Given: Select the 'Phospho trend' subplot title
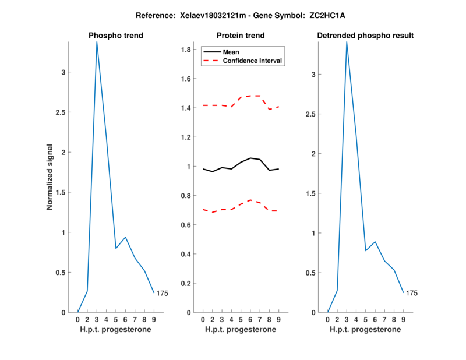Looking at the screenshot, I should [x=116, y=36].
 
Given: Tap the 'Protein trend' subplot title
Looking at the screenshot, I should [x=241, y=36].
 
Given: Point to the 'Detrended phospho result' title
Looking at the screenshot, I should [x=365, y=36].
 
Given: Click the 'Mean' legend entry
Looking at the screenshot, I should [x=231, y=52].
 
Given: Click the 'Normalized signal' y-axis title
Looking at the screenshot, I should [x=50, y=177].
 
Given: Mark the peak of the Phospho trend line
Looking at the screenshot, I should [x=97, y=42].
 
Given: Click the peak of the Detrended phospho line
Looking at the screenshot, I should [x=347, y=42].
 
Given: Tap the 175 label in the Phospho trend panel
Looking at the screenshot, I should [x=163, y=294].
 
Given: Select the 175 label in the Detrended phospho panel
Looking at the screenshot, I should [x=412, y=293].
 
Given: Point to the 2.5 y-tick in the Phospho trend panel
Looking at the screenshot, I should [x=66, y=112].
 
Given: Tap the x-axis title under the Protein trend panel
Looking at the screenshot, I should [x=241, y=330].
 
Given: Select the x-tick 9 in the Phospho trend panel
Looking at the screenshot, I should [x=154, y=319].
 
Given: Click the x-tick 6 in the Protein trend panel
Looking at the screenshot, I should [x=250, y=319].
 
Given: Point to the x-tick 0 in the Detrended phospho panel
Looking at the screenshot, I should [x=328, y=319].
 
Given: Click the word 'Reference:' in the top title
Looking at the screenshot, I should [x=153, y=15].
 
